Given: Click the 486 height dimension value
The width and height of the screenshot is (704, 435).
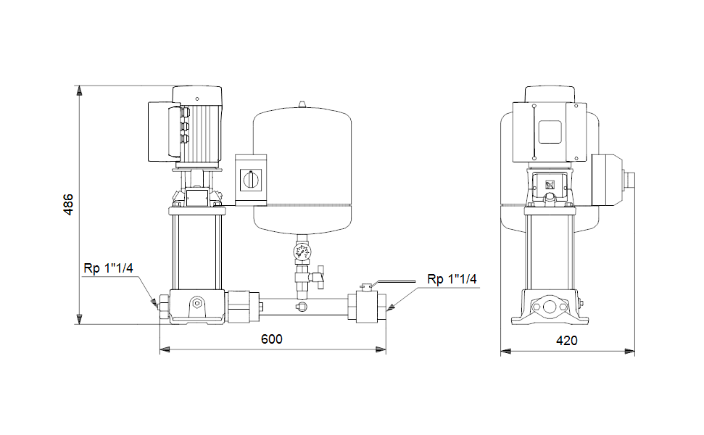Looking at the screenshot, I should point(67,206).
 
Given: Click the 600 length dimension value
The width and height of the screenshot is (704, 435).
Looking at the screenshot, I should point(272,339).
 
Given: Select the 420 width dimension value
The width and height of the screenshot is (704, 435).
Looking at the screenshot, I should point(567,339).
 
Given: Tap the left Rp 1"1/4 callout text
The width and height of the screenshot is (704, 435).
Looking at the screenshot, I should point(108,268).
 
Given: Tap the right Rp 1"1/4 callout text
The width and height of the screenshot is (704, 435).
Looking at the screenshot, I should point(452,279).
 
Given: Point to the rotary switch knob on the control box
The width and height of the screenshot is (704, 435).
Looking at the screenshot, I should point(252,177).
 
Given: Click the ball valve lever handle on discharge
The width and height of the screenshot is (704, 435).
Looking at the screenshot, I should point(392,283).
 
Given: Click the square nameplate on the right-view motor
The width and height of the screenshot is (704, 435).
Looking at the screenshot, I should point(550,131).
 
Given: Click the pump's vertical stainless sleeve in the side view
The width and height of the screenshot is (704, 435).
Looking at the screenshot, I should point(196,250).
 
